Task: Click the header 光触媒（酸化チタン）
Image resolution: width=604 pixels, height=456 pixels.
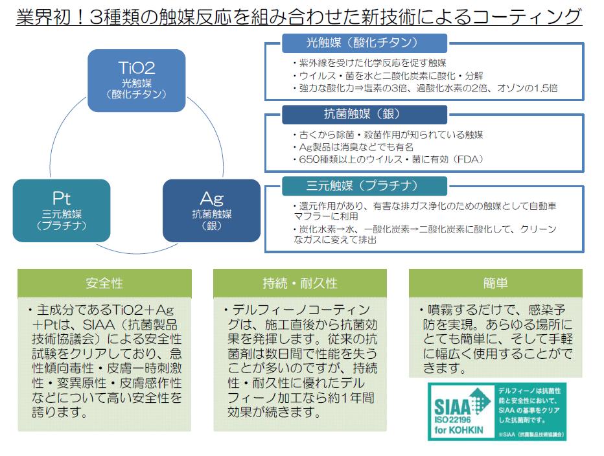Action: [x=364, y=43]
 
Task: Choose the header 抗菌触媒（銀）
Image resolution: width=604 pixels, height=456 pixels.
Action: [x=364, y=115]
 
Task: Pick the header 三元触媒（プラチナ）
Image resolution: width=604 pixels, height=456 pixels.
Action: [x=364, y=186]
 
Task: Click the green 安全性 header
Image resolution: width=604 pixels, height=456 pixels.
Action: [x=104, y=284]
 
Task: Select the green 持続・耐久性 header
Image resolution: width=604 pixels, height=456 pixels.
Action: [x=300, y=284]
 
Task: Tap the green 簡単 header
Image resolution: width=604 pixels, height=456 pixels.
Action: [x=495, y=284]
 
